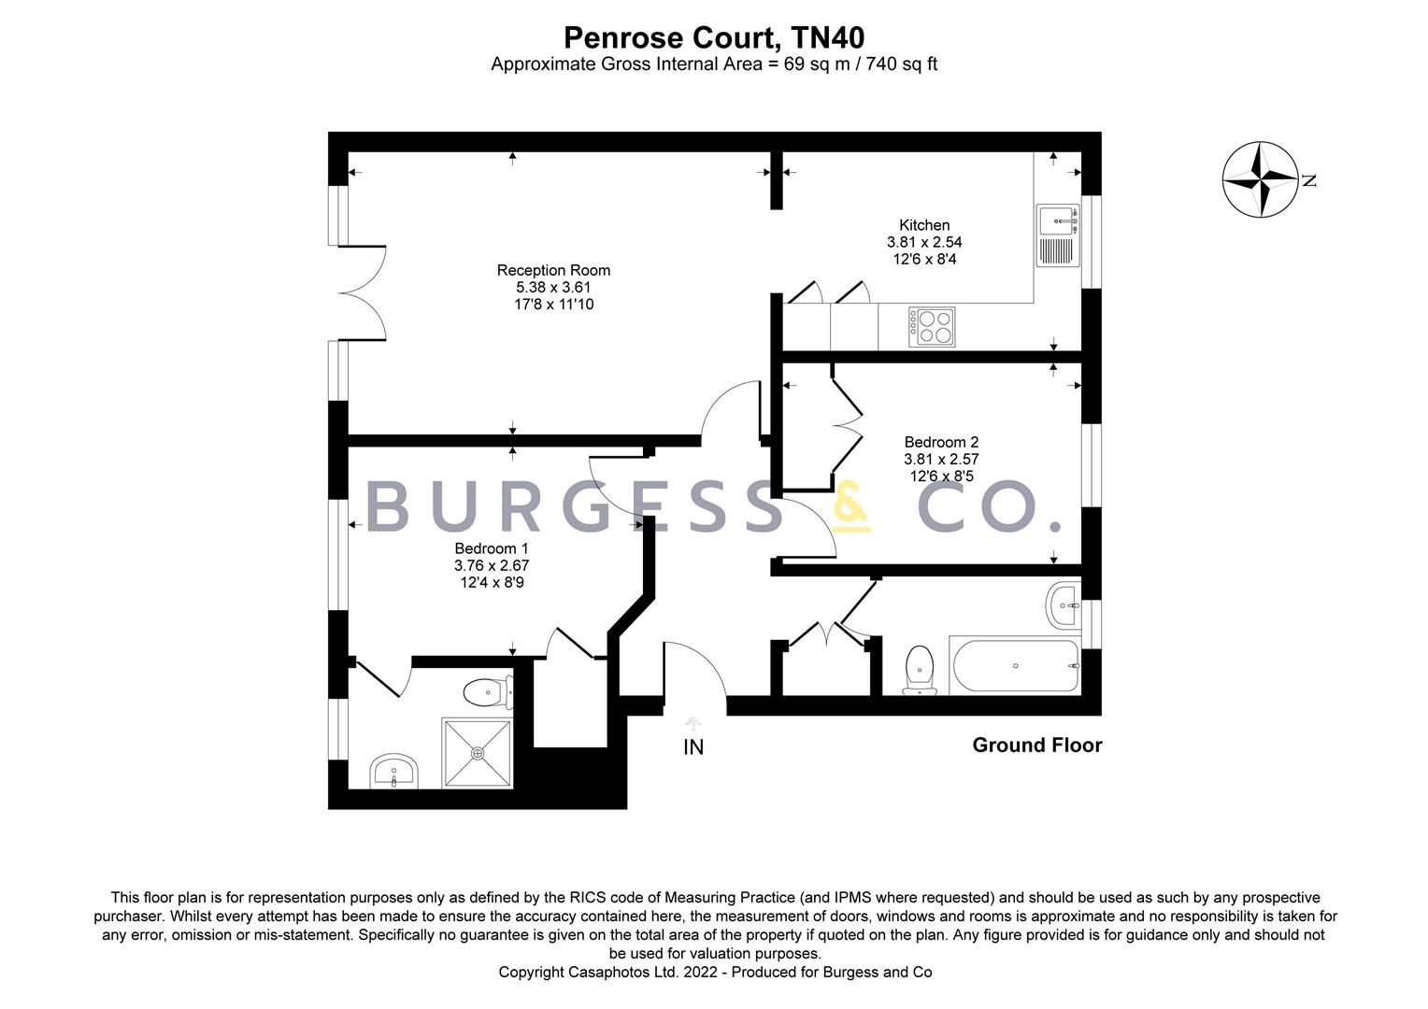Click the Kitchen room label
(x=923, y=225)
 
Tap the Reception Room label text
(x=553, y=270)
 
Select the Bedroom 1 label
(x=492, y=548)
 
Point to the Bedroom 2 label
(x=941, y=442)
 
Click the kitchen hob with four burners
(x=932, y=326)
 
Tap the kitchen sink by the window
(x=1058, y=235)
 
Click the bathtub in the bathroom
(x=1014, y=665)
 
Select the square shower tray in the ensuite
(x=478, y=753)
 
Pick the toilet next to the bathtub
(x=920, y=669)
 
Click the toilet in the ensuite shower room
(x=488, y=692)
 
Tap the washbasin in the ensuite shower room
(x=393, y=772)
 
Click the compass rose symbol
(x=1261, y=179)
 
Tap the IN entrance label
(x=693, y=747)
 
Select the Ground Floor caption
(x=1036, y=746)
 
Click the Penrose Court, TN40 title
(x=714, y=37)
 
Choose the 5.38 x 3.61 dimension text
(x=553, y=288)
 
